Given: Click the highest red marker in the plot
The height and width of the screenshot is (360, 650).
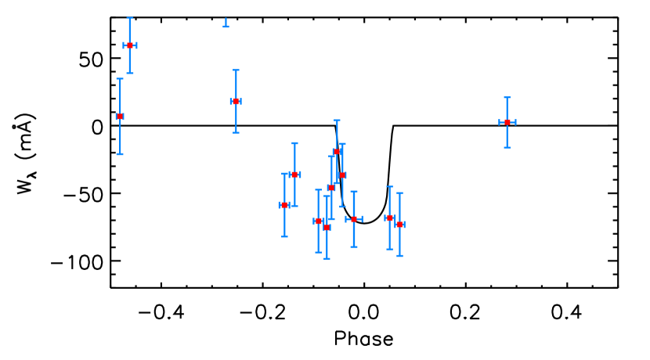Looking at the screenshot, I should (x=129, y=45).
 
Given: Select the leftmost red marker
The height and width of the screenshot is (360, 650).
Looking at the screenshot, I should (x=120, y=117).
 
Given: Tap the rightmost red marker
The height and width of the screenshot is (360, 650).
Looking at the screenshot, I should (x=507, y=122).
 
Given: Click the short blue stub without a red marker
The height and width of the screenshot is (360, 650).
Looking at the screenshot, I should (x=226, y=24).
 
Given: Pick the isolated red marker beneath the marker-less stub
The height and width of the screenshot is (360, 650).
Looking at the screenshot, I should (x=236, y=101).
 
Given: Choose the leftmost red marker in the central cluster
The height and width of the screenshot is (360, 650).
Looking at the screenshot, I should (x=284, y=205).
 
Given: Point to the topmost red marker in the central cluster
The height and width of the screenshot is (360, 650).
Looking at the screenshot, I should (x=337, y=152).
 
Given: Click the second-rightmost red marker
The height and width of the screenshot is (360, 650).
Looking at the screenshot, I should (x=399, y=225).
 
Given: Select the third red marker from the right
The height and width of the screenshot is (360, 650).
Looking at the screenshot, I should (x=389, y=218).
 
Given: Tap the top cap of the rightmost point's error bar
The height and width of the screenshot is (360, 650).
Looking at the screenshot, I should (x=507, y=98).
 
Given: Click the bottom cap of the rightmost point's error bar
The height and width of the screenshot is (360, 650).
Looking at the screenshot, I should (x=507, y=147).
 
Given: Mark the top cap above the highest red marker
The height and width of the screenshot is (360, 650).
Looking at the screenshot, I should (x=129, y=18).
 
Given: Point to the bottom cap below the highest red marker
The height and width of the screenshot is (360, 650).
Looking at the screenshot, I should (x=129, y=74).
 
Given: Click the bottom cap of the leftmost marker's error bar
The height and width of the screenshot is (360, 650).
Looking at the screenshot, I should (x=120, y=154).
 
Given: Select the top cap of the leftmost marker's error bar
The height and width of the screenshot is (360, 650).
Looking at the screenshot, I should (x=120, y=78).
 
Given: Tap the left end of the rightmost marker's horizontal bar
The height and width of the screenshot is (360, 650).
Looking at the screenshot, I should (x=499, y=122).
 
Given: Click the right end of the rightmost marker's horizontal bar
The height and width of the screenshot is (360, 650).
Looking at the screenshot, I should (x=515, y=122).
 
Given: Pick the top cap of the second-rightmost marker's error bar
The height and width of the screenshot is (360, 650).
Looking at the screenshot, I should (x=399, y=193).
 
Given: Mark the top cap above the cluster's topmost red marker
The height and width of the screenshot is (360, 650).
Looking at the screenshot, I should (x=337, y=121).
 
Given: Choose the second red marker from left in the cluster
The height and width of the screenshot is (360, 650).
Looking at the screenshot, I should (x=294, y=175).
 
